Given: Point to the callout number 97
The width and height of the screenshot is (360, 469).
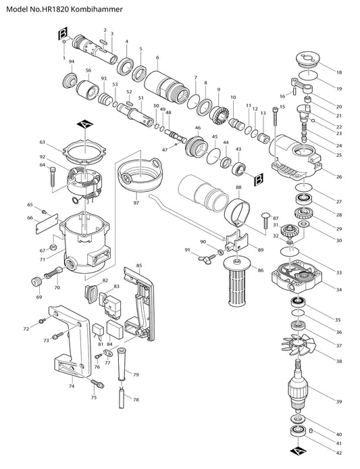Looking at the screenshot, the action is pyautogui.click(x=136, y=203).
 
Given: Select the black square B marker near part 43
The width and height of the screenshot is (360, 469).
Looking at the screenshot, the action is pyautogui.click(x=259, y=180).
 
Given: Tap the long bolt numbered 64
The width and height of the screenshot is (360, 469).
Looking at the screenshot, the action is pyautogui.click(x=52, y=176).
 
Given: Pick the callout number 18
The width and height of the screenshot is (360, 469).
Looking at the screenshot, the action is pyautogui.click(x=339, y=72).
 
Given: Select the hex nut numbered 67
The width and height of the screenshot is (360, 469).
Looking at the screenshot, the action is pyautogui.click(x=53, y=248).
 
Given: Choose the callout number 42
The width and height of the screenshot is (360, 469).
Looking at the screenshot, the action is pyautogui.click(x=339, y=453).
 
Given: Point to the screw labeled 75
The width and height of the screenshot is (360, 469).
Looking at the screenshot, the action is pyautogui.click(x=97, y=384).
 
